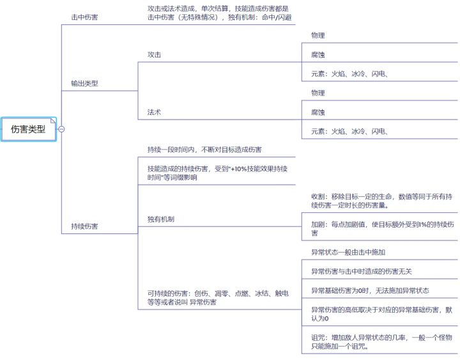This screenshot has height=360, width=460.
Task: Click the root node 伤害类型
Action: click(29, 129)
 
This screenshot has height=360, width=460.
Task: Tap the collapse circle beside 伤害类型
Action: click(61, 129)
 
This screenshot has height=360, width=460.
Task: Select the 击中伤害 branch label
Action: click(84, 17)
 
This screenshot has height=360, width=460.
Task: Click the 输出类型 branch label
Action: click(84, 83)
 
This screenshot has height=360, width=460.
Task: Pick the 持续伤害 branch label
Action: click(84, 226)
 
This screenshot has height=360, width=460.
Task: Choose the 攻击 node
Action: click(154, 54)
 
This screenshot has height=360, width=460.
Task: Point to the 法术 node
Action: click(154, 112)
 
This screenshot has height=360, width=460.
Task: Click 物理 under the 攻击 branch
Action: click(318, 36)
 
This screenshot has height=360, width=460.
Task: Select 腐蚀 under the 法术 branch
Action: click(318, 113)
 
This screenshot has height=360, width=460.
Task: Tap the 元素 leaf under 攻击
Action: click(349, 74)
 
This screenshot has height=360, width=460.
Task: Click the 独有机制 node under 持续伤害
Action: click(161, 219)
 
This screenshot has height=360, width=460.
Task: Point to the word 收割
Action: click(318, 197)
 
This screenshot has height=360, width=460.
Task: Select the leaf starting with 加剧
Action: click(383, 229)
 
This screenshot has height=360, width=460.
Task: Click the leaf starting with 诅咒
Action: click(381, 342)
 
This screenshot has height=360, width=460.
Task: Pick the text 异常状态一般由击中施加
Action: click(348, 252)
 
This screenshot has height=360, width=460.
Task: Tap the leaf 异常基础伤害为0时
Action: click(370, 291)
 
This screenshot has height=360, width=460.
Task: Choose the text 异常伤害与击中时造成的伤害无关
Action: click(362, 272)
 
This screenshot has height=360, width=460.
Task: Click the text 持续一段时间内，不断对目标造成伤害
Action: click(204, 150)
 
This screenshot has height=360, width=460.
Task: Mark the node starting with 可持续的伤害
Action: click(218, 298)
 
